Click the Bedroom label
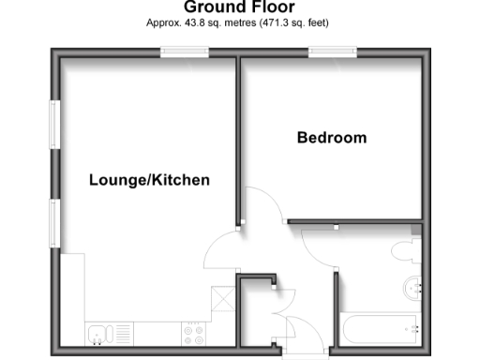tap(331, 138)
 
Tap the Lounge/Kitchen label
tap(149, 180)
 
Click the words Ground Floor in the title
tap(239, 7)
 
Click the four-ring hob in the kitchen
tap(194, 332)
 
